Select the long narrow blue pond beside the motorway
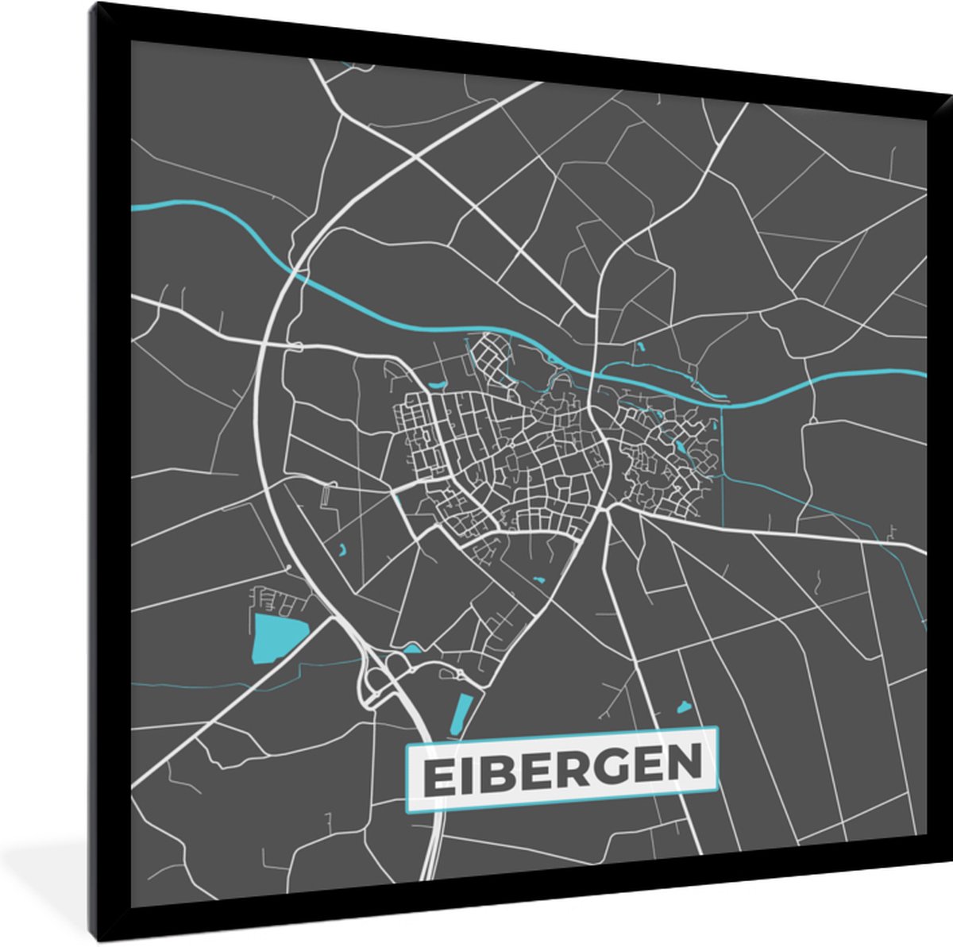[460, 714]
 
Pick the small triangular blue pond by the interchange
[411, 649]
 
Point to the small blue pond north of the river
[639, 346]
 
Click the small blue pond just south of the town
[539, 581]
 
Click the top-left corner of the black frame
[94, 5]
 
